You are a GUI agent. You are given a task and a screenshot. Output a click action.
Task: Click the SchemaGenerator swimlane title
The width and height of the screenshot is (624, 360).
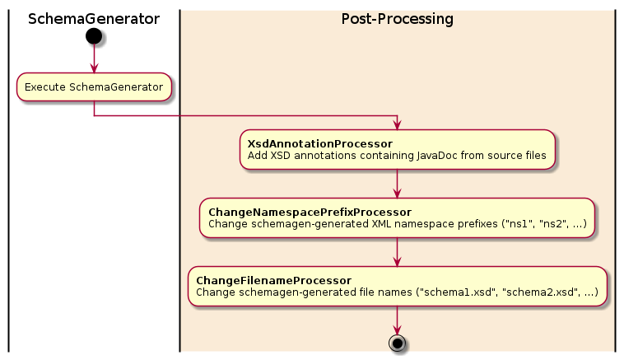coord(93,18)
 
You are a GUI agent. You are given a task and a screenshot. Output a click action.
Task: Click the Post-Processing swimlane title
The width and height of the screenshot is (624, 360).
coord(397,18)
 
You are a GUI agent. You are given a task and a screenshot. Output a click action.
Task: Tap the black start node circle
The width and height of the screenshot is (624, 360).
coord(94,35)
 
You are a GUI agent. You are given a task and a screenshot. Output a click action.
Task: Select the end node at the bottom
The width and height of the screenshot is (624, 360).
coord(397,343)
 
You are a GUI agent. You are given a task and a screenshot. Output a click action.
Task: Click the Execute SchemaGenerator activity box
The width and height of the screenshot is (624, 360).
coord(94,87)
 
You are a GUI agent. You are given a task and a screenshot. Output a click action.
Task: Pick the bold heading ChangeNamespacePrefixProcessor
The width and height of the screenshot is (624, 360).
coord(310,213)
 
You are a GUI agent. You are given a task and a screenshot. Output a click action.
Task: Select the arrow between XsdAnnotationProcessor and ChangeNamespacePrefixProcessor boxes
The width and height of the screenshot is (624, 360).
coord(397,183)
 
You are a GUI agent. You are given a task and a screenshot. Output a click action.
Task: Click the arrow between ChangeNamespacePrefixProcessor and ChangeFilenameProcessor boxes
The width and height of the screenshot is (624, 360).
coord(397,251)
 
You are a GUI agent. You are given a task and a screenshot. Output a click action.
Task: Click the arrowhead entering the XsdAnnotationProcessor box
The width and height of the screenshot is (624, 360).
coord(397,124)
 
